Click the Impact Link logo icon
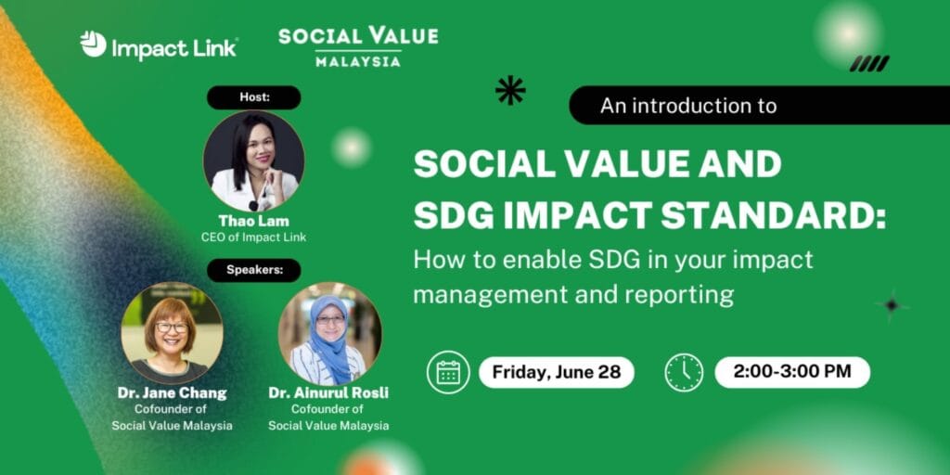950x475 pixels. tap(94, 44)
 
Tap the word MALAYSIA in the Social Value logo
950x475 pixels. tap(358, 61)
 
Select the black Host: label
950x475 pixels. tap(254, 97)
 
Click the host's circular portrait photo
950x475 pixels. tap(254, 161)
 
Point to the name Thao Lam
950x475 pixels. tap(254, 221)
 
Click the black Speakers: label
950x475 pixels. tap(254, 270)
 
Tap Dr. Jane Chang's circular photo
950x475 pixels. tap(172, 333)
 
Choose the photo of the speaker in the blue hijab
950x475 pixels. tap(329, 333)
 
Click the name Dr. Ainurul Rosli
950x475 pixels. tap(329, 392)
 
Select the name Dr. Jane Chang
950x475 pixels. tap(172, 392)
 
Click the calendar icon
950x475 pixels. tap(448, 372)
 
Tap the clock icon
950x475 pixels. tap(684, 372)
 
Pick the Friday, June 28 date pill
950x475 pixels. tap(557, 372)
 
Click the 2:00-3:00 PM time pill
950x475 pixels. tap(792, 372)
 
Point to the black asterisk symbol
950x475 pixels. tap(510, 90)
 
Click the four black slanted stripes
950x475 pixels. tap(869, 64)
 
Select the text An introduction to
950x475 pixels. tap(688, 106)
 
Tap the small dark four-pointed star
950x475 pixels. tap(892, 304)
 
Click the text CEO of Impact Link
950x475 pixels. tap(254, 237)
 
